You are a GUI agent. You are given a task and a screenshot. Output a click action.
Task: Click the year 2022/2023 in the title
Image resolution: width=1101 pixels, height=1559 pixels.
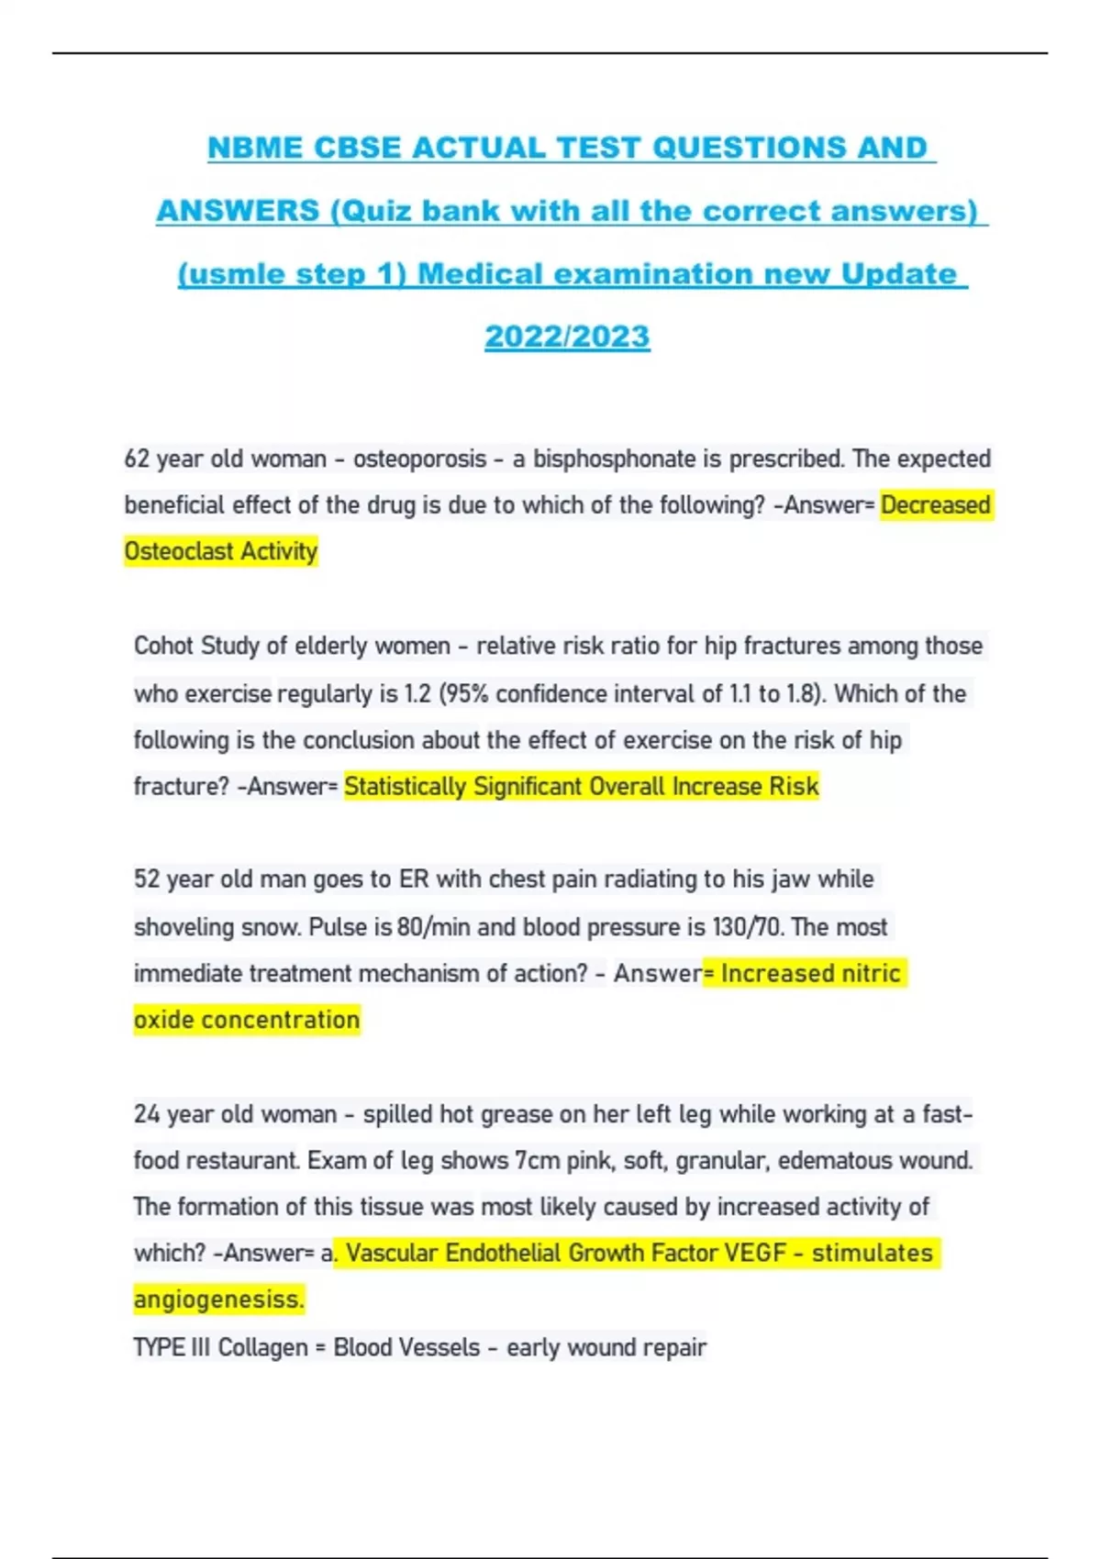point(567,337)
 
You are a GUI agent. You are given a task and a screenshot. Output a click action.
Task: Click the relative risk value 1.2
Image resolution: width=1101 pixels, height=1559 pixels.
point(417,693)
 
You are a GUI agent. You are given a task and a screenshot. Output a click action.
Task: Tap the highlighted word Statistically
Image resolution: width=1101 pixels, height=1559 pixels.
point(406,787)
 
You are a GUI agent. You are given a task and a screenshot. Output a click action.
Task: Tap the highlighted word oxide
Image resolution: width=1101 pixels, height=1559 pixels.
point(163,1020)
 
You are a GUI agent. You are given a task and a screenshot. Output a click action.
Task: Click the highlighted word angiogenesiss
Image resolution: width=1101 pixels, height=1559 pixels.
point(218,1299)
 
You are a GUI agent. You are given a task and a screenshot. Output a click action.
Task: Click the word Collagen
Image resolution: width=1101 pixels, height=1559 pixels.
point(262,1347)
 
